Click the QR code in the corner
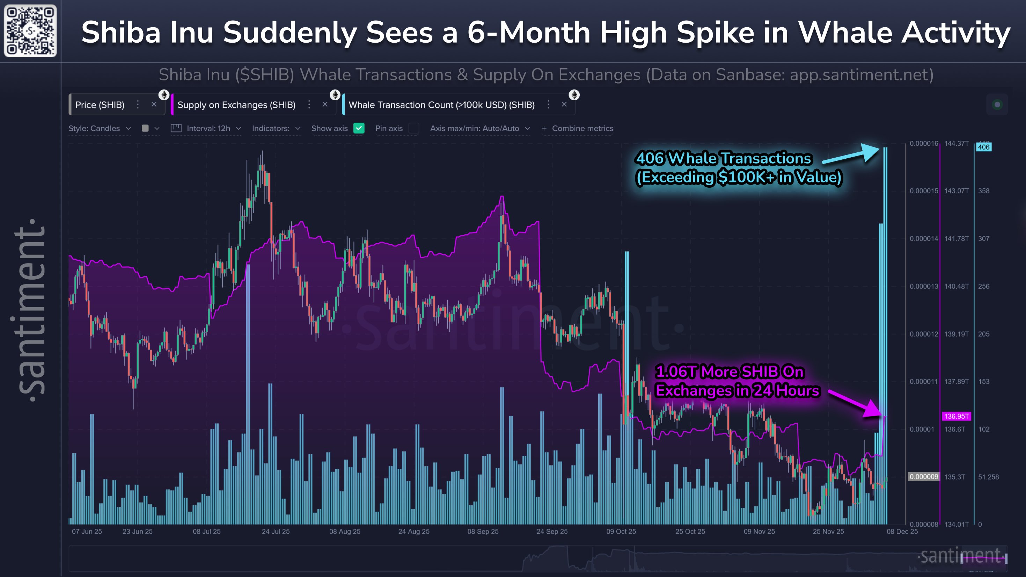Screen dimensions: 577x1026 click(30, 31)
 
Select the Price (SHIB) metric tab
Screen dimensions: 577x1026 click(100, 105)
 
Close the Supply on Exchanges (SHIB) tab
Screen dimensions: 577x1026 click(325, 104)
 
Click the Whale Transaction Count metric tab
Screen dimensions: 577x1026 click(441, 105)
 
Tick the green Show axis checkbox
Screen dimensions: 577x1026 click(359, 128)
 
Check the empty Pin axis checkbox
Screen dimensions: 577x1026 click(414, 128)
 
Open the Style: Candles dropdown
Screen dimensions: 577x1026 click(99, 128)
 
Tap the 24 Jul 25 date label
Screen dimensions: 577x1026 click(276, 532)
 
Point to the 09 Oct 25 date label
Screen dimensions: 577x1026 click(621, 532)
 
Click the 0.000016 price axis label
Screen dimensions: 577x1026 click(924, 143)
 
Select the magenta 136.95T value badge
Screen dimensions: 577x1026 click(956, 416)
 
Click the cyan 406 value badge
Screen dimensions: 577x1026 click(983, 147)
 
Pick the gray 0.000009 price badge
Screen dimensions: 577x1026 click(924, 477)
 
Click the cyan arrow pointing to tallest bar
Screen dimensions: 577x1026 click(852, 155)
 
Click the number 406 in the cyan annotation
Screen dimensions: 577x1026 click(650, 158)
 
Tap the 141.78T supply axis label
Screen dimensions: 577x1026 click(956, 239)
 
